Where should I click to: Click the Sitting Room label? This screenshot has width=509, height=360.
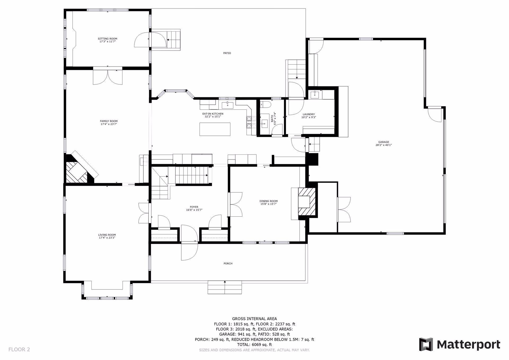click(x=107, y=39)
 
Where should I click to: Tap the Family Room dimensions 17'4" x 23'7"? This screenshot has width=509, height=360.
click(x=109, y=124)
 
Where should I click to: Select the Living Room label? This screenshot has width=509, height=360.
click(x=107, y=235)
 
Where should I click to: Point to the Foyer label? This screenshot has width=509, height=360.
click(x=194, y=207)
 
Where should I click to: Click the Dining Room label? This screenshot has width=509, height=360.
click(x=269, y=201)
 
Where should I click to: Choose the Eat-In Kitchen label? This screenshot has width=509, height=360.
click(x=213, y=114)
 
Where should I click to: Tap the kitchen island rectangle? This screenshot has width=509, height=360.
click(x=215, y=129)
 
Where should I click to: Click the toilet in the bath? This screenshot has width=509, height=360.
click(x=265, y=104)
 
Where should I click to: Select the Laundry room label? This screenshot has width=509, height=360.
click(x=309, y=114)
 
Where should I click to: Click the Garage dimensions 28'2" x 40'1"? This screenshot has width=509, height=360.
click(x=384, y=145)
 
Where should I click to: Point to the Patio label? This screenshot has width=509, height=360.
click(x=227, y=53)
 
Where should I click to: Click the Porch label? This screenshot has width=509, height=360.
click(x=228, y=263)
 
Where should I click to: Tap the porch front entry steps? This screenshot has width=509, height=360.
click(x=225, y=287)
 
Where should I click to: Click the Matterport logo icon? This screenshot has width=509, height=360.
click(x=426, y=344)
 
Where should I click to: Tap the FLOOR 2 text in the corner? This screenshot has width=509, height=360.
click(x=19, y=349)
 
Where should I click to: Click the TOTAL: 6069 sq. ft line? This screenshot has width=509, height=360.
click(x=254, y=345)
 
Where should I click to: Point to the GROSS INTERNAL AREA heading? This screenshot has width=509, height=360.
click(x=254, y=319)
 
